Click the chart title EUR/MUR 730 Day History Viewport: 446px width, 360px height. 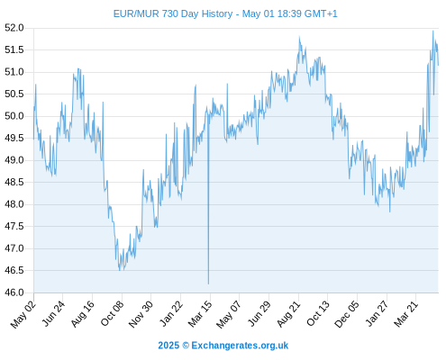point(173,13)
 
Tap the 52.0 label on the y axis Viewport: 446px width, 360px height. point(14,28)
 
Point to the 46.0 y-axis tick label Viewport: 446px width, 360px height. point(14,292)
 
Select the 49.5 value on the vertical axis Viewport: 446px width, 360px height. point(14,138)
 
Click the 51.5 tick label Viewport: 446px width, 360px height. point(14,49)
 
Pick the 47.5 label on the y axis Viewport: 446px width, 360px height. point(14,226)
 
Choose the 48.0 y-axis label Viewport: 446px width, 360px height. point(14,204)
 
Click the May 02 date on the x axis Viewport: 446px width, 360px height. point(23,314)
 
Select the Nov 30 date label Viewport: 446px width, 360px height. point(141,314)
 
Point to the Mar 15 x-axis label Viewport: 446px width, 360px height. point(200,314)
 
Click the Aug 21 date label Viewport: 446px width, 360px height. point(288,314)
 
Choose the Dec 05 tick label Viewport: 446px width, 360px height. point(347,314)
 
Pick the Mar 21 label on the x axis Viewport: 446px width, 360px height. point(406,314)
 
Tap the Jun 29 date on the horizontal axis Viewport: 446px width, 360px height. point(259,314)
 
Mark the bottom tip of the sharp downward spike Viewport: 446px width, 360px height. point(208,283)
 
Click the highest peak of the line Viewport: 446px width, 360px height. point(433,31)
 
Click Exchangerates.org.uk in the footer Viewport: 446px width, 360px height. point(240,346)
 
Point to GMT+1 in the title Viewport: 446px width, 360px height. point(321,13)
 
